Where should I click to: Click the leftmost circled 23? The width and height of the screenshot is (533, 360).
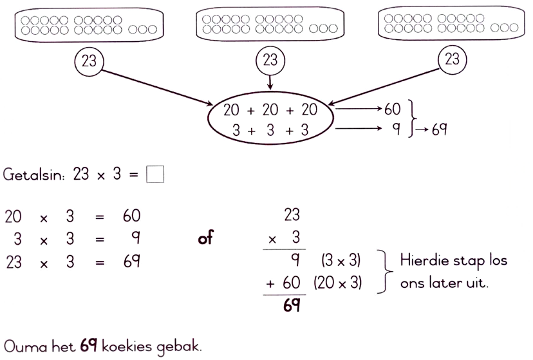pos(88,61)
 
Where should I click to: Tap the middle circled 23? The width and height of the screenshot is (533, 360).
pos(270,61)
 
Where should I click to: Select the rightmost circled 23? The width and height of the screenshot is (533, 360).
pos(452,60)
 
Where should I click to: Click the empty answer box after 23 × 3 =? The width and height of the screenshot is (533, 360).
pos(155,175)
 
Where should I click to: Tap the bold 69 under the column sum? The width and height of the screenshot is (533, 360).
pos(292,305)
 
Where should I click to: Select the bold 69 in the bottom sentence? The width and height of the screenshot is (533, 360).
pos(89,346)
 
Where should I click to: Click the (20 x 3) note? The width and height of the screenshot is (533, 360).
pos(338,283)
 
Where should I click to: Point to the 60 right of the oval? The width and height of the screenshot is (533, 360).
pos(393,109)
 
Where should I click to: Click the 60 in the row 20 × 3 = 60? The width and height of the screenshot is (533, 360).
pos(131,216)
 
